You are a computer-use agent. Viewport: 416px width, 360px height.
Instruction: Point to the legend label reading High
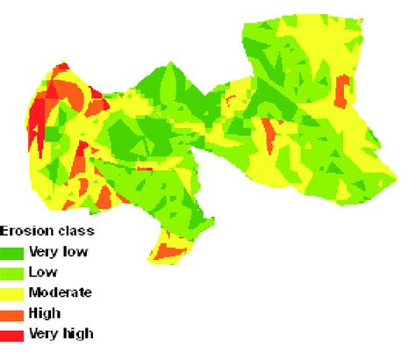point(44,313)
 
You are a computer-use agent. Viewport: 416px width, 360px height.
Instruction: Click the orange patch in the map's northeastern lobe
point(341,88)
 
